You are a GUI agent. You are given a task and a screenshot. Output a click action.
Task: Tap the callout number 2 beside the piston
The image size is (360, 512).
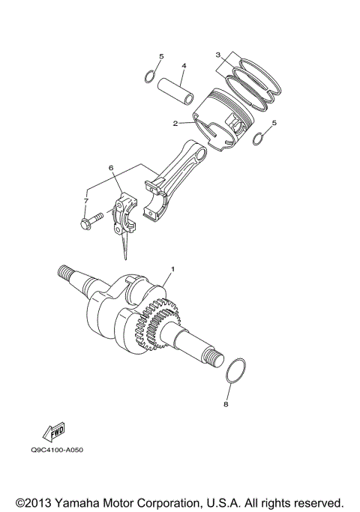pos(174,123)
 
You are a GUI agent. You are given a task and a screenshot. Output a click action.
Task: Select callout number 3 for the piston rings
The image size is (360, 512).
pos(217,55)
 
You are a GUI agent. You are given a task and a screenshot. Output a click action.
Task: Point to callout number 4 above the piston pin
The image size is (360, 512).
pos(184,66)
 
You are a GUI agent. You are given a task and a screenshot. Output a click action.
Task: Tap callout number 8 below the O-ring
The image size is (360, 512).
pos(226,405)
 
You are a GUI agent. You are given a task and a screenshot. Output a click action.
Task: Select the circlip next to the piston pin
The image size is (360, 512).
pos(150,77)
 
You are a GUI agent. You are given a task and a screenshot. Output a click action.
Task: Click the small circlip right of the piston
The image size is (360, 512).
pos(259,139)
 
